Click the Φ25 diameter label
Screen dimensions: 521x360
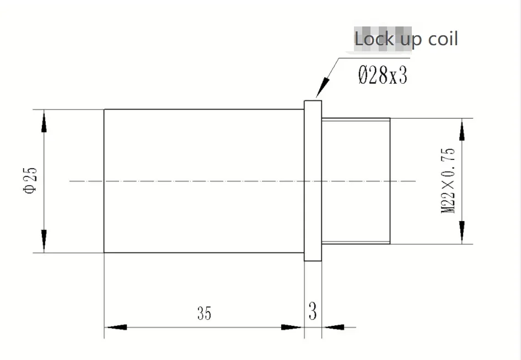30,180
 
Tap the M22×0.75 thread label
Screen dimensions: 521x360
448,181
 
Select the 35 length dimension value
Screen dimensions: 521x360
204,313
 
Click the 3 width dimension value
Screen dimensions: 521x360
313,311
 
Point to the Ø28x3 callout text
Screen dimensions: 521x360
383,75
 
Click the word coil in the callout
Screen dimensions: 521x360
443,39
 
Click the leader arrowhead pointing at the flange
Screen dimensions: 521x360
323,87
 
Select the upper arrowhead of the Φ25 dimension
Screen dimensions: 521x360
44,122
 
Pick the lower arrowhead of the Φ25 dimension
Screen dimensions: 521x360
44,239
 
